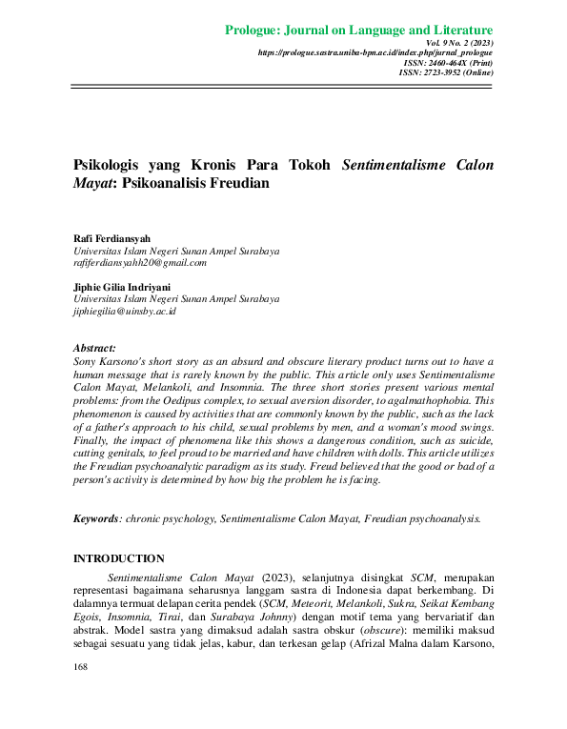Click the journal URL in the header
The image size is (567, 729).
375,53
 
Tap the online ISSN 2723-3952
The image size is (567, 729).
445,72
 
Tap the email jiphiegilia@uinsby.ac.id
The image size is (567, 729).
125,311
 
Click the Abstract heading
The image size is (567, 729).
94,349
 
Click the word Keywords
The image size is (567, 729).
96,518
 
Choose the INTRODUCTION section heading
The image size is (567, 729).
118,558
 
